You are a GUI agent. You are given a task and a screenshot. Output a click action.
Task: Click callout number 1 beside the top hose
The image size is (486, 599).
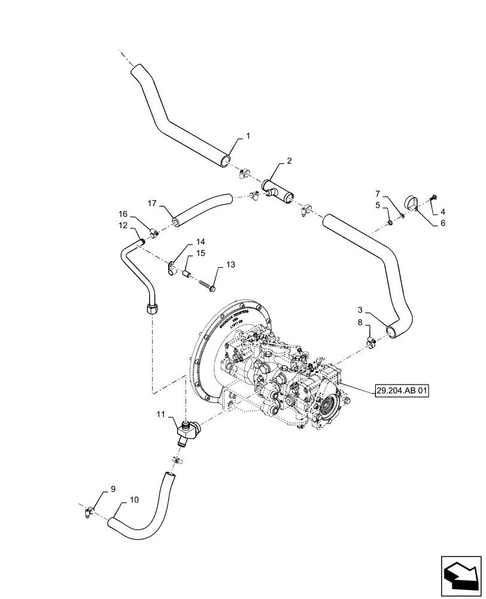[x=248, y=137]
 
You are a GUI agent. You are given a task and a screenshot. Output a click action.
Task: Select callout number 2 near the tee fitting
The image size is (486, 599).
[x=289, y=161]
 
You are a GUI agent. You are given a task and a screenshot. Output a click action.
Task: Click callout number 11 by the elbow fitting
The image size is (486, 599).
[x=160, y=414]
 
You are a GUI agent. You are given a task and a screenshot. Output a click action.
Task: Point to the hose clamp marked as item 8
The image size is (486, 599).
[x=371, y=344]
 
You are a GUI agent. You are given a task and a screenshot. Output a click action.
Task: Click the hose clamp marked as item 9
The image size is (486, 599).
[x=89, y=510]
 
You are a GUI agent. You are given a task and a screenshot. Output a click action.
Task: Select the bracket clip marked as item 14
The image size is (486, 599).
[x=172, y=267]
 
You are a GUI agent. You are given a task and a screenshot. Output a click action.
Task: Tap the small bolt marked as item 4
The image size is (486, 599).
[x=433, y=197]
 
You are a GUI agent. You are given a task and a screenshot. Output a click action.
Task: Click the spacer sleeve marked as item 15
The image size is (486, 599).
[x=186, y=273]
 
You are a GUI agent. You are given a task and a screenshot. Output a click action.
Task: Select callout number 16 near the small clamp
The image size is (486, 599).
[x=123, y=214]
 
